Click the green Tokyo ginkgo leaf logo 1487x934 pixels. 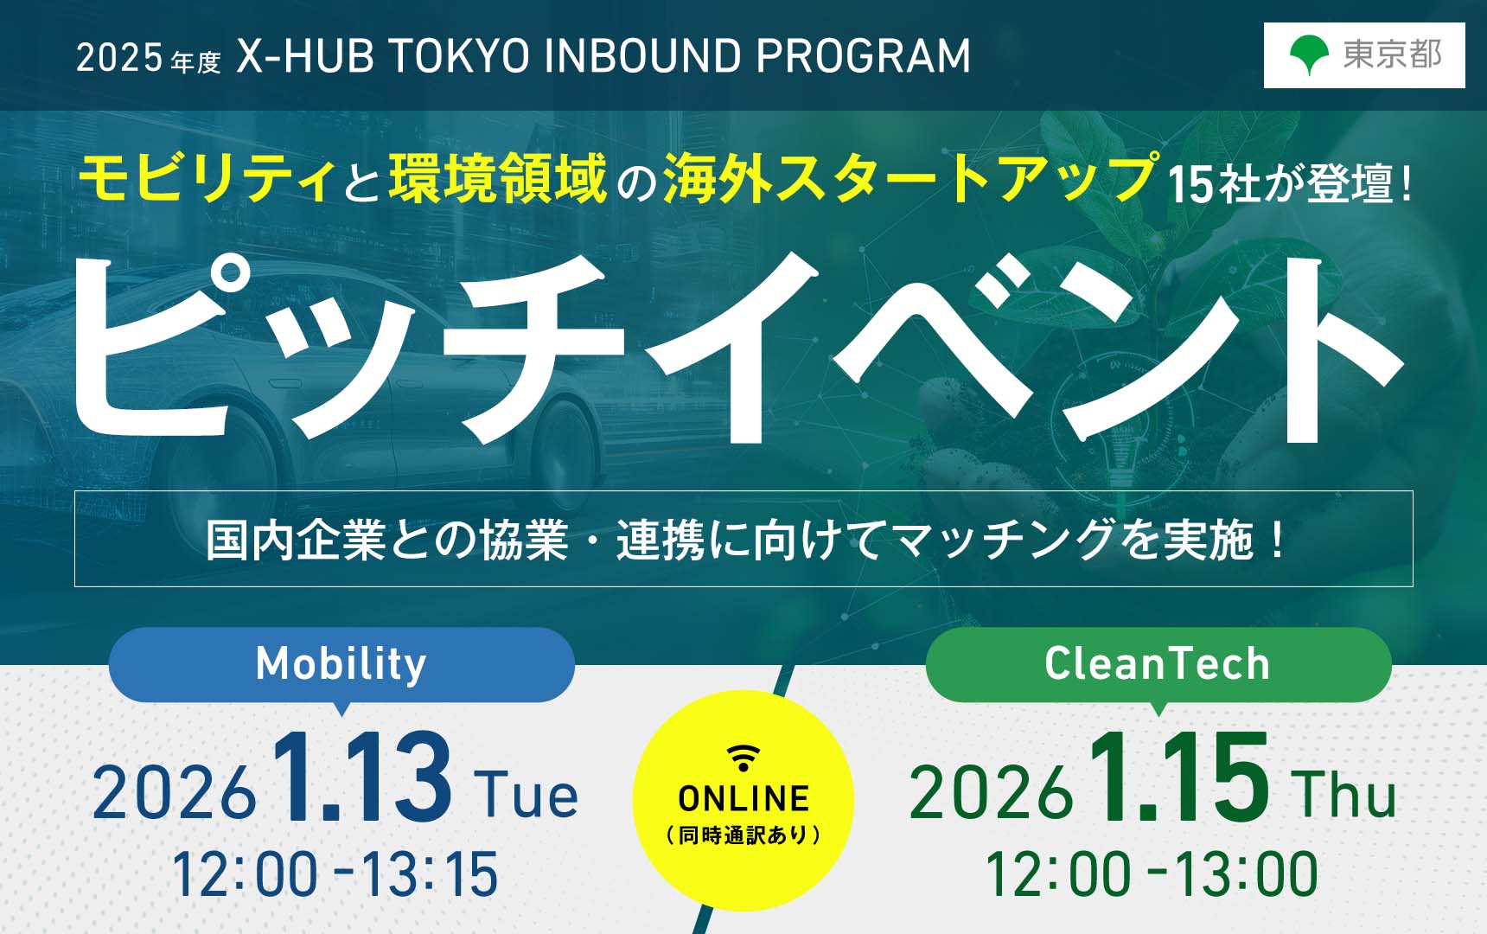(x=1309, y=55)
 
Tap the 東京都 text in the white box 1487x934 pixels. (x=1392, y=54)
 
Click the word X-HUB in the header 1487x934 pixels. (x=305, y=56)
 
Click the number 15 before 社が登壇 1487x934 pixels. (x=1190, y=184)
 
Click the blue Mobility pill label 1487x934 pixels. (x=341, y=664)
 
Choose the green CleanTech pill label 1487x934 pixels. (x=1158, y=664)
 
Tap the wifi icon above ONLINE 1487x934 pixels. (x=743, y=758)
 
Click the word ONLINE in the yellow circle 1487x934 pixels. (x=743, y=799)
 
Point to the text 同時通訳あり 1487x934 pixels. (x=743, y=835)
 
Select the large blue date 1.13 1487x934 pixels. (x=362, y=777)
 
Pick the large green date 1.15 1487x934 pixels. (x=1179, y=777)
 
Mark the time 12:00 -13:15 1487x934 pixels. (x=335, y=874)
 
